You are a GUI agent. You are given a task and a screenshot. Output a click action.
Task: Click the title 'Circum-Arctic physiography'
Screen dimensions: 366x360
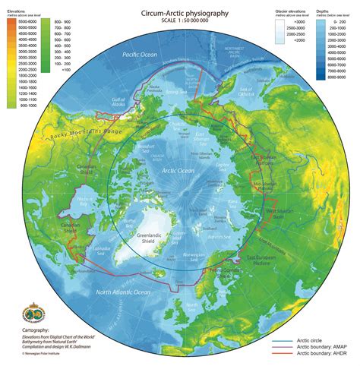pos(180,13)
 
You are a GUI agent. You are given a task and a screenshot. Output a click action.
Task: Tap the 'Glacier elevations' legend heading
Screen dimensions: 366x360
pos(293,12)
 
